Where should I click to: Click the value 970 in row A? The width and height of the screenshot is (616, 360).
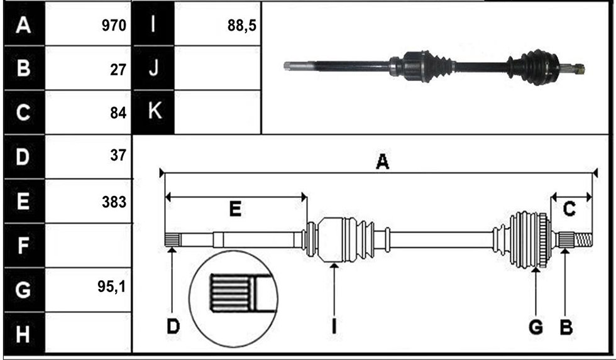click(114, 26)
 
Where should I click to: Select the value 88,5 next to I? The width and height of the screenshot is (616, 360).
click(241, 26)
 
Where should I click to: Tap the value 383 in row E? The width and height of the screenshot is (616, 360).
click(114, 202)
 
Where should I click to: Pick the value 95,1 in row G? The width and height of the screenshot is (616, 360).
click(112, 287)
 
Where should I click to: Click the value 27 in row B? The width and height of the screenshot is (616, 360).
click(118, 70)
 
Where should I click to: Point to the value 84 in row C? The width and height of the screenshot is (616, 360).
click(118, 113)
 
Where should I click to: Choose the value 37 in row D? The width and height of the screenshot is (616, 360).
click(118, 155)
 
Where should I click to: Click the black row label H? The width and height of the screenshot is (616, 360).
click(23, 334)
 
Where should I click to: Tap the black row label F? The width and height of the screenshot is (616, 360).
click(23, 246)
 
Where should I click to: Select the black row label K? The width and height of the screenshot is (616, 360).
click(154, 111)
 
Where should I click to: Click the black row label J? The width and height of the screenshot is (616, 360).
click(154, 67)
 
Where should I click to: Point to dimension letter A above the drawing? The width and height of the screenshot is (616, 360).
click(382, 161)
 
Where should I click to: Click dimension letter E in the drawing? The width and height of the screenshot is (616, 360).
click(235, 209)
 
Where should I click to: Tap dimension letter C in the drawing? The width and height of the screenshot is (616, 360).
click(569, 209)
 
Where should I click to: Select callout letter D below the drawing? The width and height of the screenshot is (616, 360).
click(173, 327)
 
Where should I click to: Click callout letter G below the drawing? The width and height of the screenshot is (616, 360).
click(536, 327)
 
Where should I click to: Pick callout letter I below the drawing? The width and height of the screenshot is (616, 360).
click(334, 327)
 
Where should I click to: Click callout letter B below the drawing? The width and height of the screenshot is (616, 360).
click(566, 327)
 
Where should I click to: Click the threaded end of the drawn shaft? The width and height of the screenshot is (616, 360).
click(584, 239)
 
